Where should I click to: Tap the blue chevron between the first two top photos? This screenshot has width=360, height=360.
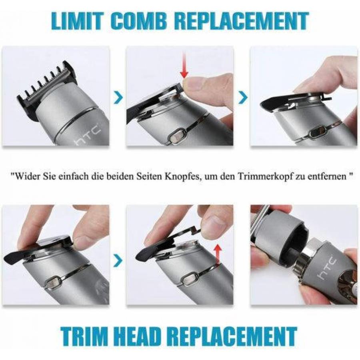pos(118,97)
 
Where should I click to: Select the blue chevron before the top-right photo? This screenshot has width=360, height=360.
pos(243,97)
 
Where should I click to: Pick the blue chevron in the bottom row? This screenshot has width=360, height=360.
pos(118,260)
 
